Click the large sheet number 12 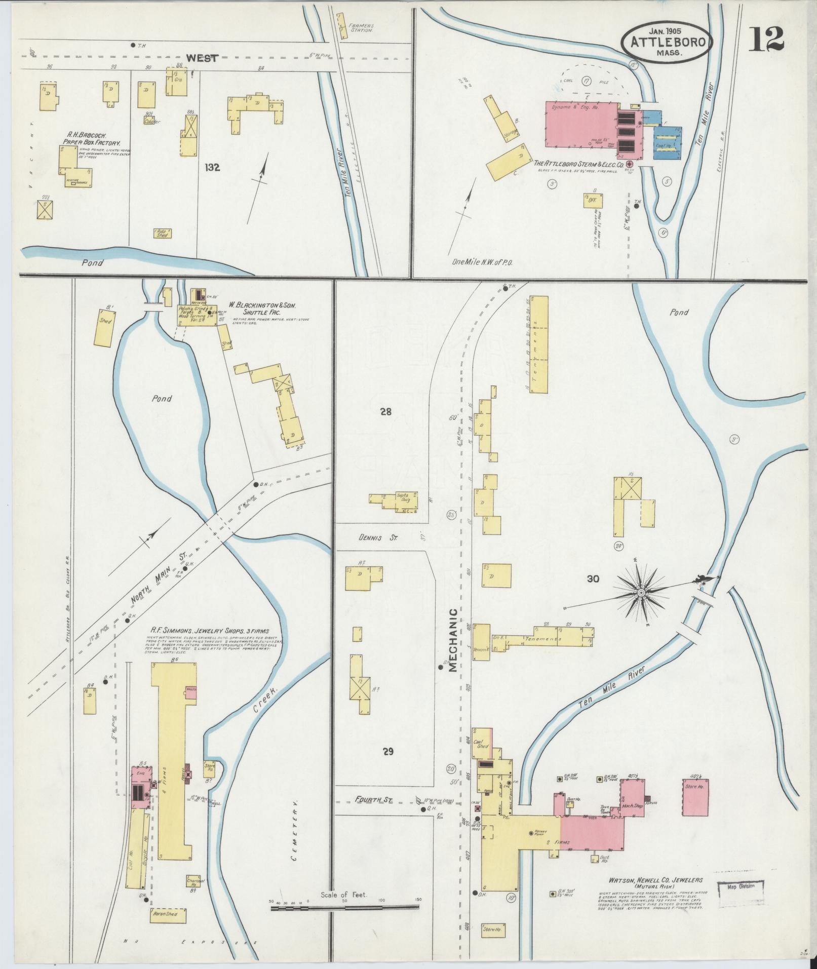click(x=767, y=39)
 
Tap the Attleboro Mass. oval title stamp click(x=667, y=43)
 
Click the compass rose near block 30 click(x=641, y=592)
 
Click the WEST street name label click(x=202, y=58)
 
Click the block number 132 click(x=212, y=167)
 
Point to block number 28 click(x=386, y=412)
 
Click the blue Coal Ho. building click(x=667, y=142)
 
